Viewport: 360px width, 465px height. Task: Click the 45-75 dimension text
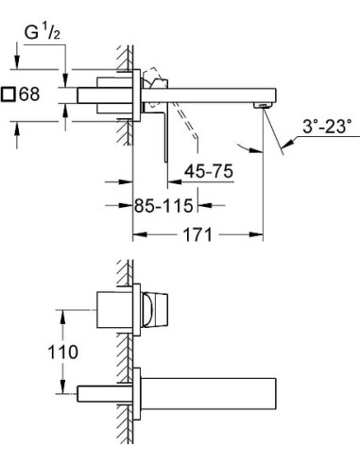[207, 173]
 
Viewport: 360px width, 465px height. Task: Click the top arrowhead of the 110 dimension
[65, 312]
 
